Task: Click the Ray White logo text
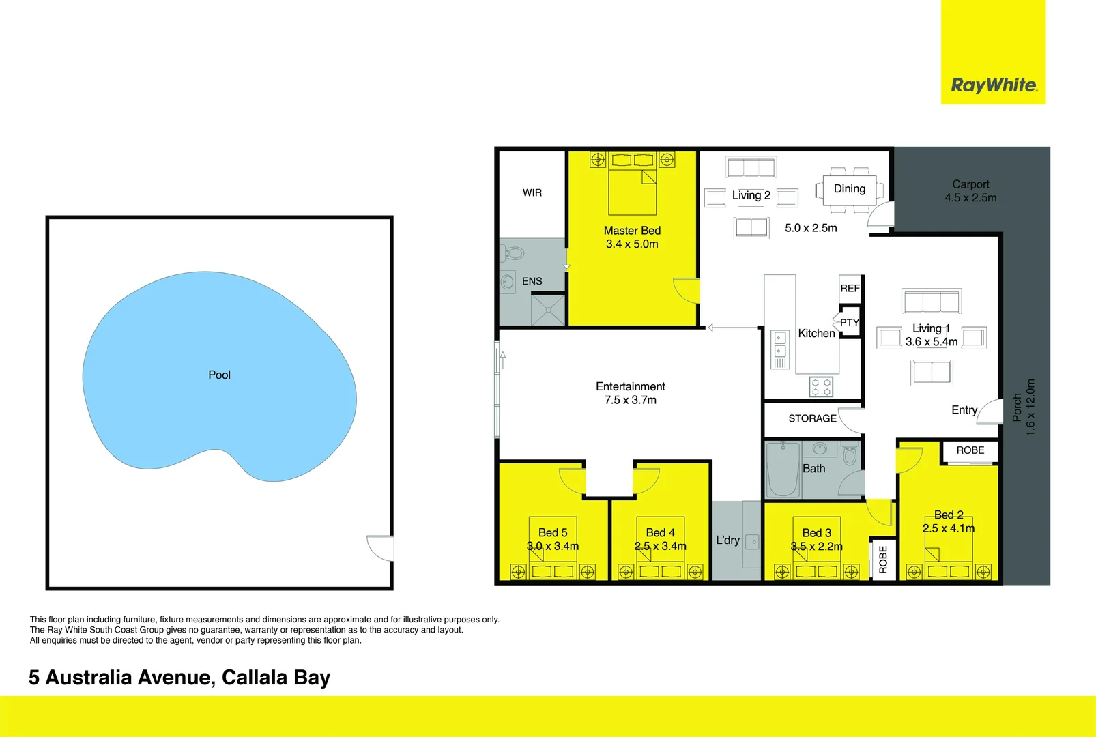click(994, 85)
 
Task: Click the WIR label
click(532, 193)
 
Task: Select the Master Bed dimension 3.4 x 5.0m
click(632, 244)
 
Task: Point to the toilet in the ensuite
click(514, 254)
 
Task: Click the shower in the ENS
click(548, 309)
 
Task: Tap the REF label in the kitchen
click(850, 289)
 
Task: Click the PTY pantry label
click(849, 323)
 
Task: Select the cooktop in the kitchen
click(821, 387)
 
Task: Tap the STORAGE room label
click(812, 418)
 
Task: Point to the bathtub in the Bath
click(782, 471)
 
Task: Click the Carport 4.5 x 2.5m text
click(970, 191)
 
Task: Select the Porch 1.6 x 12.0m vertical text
click(1024, 407)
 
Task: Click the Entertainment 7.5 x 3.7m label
click(630, 393)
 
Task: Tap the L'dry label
click(727, 540)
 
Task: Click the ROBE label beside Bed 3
click(883, 559)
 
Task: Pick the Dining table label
click(849, 189)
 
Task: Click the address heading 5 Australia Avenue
click(179, 678)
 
